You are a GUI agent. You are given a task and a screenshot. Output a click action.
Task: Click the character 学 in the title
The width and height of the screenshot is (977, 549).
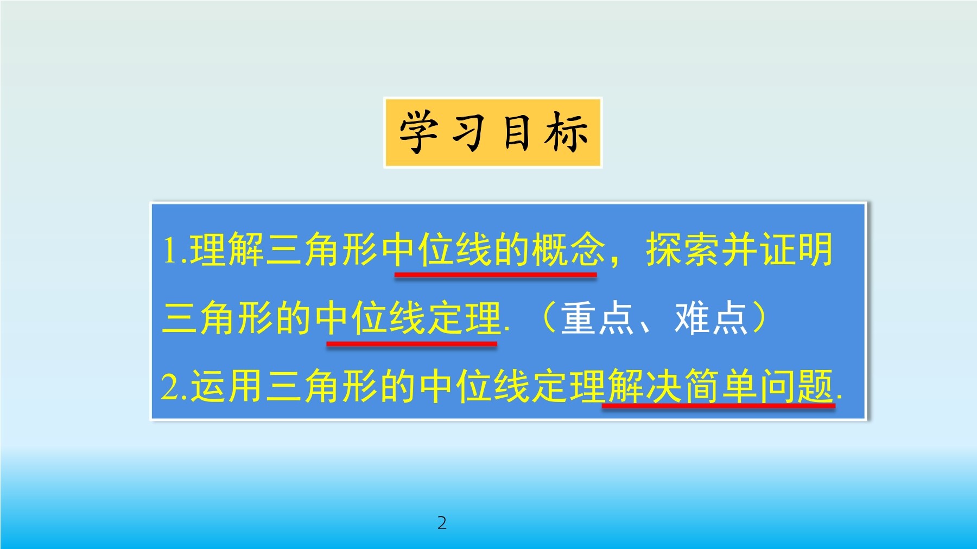tap(418, 132)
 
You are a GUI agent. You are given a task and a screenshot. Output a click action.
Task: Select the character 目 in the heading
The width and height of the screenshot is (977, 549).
tap(516, 132)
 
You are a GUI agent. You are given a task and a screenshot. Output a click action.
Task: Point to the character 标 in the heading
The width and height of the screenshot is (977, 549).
tap(566, 132)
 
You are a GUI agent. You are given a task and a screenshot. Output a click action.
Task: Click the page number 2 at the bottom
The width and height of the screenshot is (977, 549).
tap(442, 523)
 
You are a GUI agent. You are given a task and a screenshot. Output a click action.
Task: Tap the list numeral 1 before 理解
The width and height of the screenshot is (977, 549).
tap(171, 251)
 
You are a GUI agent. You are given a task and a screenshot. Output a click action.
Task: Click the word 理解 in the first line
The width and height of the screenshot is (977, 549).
tap(227, 250)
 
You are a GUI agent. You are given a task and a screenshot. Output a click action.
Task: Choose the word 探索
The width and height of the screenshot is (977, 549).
tap(683, 250)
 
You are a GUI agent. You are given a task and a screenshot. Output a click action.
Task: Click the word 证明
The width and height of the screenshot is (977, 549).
tap(796, 250)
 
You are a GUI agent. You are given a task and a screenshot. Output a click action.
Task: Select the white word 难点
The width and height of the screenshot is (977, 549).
tap(710, 318)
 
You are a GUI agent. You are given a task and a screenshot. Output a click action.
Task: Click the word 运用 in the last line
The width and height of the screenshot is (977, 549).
tap(227, 386)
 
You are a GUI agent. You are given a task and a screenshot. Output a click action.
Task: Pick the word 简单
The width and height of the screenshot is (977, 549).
tap(720, 386)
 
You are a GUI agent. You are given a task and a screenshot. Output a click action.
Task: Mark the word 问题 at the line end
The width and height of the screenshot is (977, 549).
tap(796, 386)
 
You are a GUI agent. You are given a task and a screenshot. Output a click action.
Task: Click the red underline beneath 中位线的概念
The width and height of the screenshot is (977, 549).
tap(496, 275)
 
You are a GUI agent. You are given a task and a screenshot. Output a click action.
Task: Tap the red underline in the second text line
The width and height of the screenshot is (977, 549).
tap(412, 343)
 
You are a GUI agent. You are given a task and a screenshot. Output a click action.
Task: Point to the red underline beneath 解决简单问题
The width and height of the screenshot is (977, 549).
tap(719, 406)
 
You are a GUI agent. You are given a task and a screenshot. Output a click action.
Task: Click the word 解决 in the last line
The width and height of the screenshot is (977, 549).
tap(644, 386)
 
